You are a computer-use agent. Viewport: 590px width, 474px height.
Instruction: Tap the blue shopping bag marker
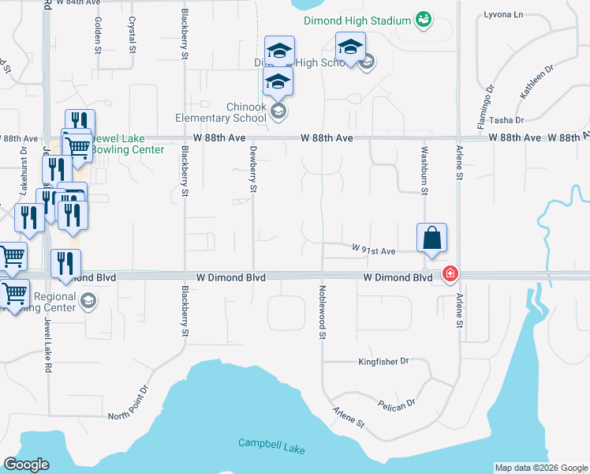(431, 238)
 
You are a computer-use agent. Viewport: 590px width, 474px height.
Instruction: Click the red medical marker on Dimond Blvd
(450, 274)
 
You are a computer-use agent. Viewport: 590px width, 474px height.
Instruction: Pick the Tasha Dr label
(506, 120)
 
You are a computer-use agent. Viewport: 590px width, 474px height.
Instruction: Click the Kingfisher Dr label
(383, 361)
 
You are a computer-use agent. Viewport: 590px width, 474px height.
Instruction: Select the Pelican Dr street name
(396, 404)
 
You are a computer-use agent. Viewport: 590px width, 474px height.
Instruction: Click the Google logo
(26, 465)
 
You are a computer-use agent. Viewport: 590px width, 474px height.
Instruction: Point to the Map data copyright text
(540, 468)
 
